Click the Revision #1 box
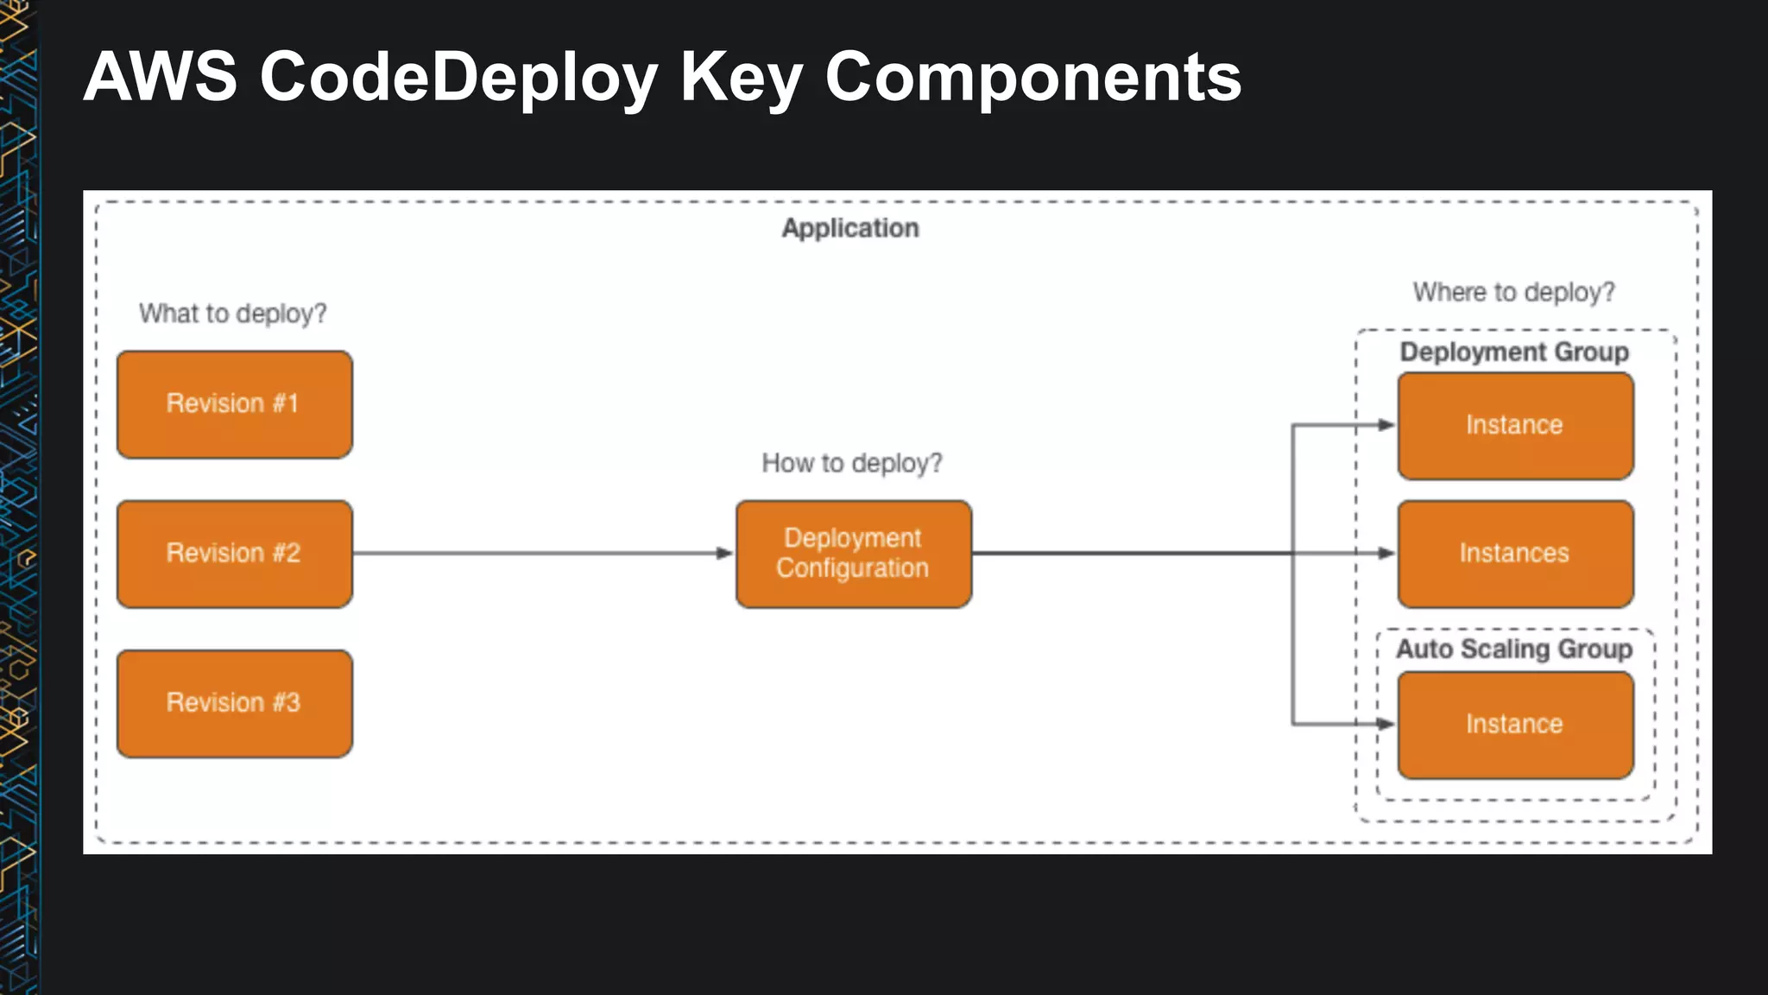pyautogui.click(x=234, y=404)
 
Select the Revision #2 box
pyautogui.click(x=234, y=554)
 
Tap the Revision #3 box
pyautogui.click(x=234, y=703)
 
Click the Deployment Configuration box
pyautogui.click(x=853, y=554)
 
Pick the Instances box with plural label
pyautogui.click(x=1515, y=554)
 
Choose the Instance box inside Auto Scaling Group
pyautogui.click(x=1515, y=725)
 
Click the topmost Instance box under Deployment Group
pyautogui.click(x=1515, y=425)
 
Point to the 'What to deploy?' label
pyautogui.click(x=233, y=314)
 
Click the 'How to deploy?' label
pyautogui.click(x=851, y=464)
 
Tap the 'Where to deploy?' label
pyautogui.click(x=1513, y=293)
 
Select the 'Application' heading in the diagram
pyautogui.click(x=850, y=229)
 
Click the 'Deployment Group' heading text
pyautogui.click(x=1514, y=352)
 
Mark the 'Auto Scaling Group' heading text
pyautogui.click(x=1514, y=650)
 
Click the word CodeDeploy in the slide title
pyautogui.click(x=458, y=78)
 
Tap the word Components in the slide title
pyautogui.click(x=1032, y=78)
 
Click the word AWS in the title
pyautogui.click(x=161, y=78)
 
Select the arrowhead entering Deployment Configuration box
pyautogui.click(x=725, y=554)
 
